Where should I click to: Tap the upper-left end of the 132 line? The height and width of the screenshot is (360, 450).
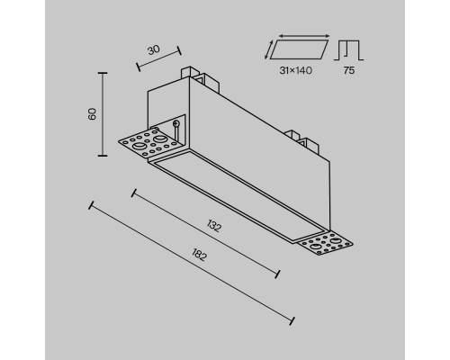135,191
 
